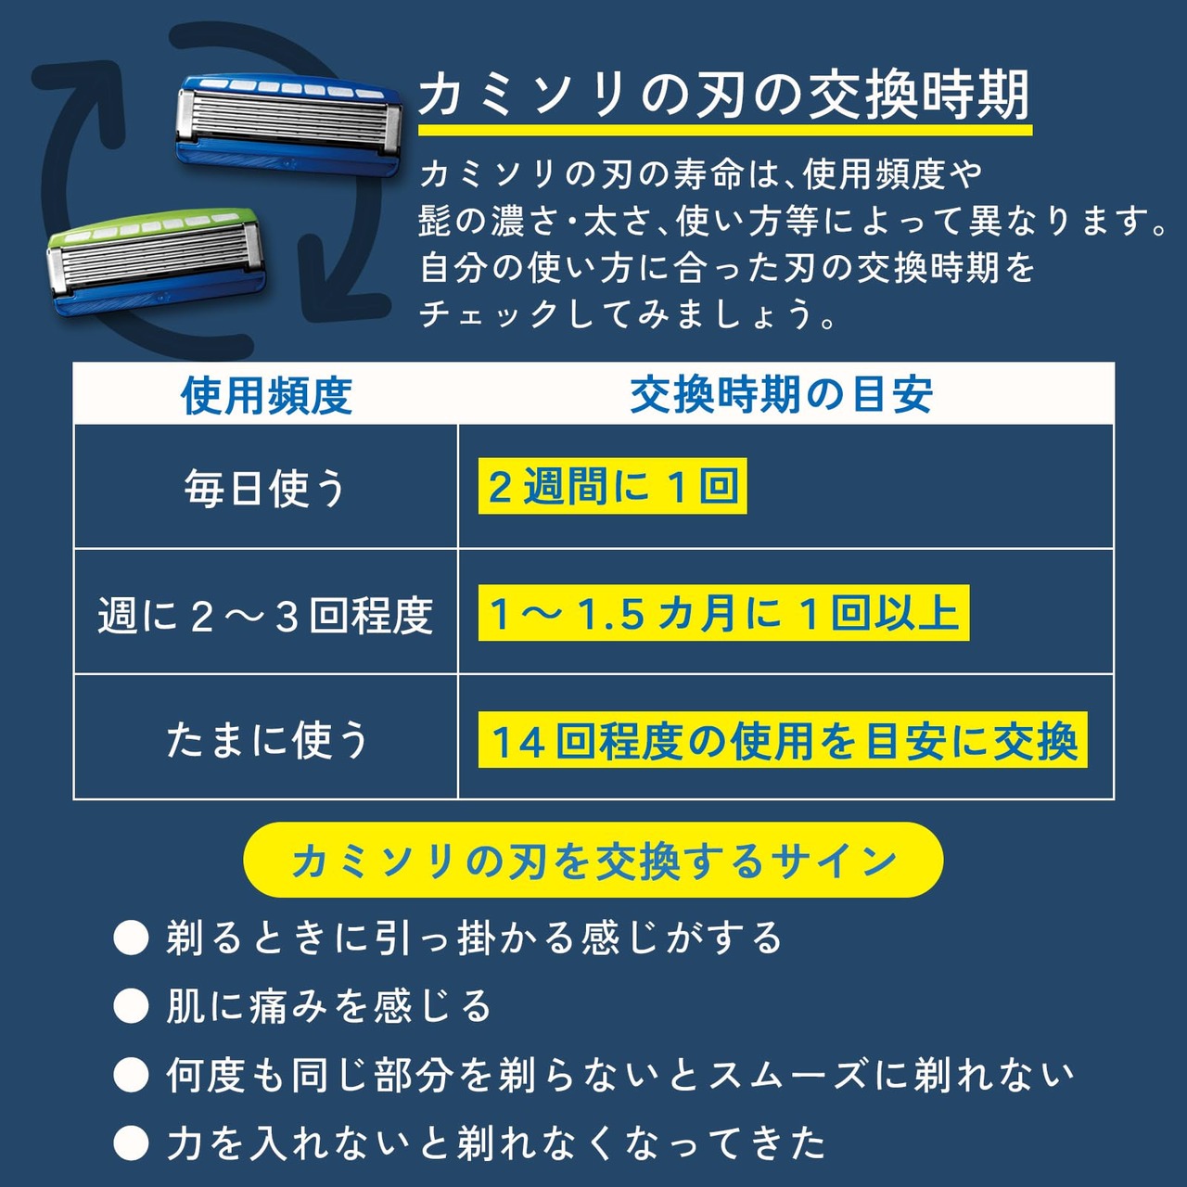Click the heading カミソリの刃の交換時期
click(x=724, y=96)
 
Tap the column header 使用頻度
click(x=266, y=395)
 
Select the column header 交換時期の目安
click(x=782, y=395)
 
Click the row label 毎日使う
click(x=265, y=488)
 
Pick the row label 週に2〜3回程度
click(x=265, y=616)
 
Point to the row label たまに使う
click(x=267, y=740)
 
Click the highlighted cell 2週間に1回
click(x=612, y=486)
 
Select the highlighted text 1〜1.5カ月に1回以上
click(x=723, y=613)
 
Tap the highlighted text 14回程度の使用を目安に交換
click(x=783, y=740)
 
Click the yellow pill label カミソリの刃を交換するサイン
click(x=593, y=860)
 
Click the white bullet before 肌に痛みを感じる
click(x=131, y=1006)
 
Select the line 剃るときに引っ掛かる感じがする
click(x=474, y=938)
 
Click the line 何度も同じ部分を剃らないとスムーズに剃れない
click(x=619, y=1075)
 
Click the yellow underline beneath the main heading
click(x=725, y=130)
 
